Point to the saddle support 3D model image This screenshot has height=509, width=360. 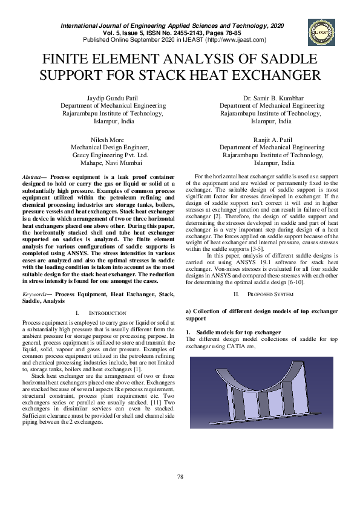click(261, 399)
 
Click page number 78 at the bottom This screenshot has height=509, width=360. click(180, 478)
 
